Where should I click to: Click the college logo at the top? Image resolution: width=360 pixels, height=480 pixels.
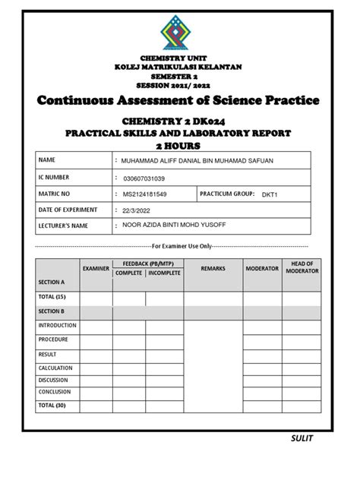(179, 34)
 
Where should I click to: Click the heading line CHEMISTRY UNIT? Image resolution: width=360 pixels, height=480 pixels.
(179, 58)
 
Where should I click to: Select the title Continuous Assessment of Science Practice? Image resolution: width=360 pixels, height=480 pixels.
(179, 100)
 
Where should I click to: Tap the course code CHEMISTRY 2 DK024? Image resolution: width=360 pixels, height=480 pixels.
(179, 122)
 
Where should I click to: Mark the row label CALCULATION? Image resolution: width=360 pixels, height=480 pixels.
(56, 366)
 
